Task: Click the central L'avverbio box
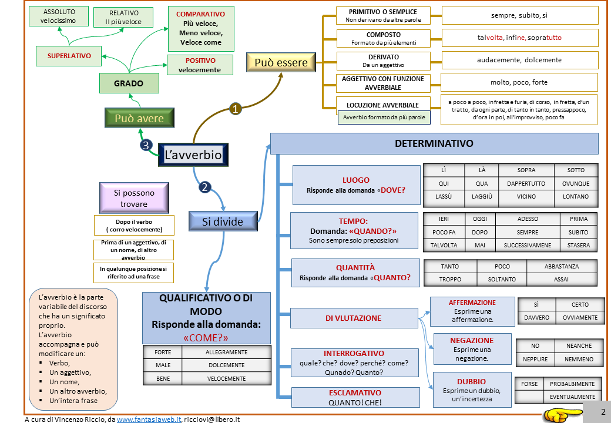[x=193, y=155]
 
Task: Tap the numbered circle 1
[x=236, y=109]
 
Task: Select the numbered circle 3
[x=146, y=145]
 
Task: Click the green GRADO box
[x=129, y=83]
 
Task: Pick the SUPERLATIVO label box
[x=69, y=56]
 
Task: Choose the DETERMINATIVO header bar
[x=434, y=143]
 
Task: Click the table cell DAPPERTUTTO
[x=526, y=183]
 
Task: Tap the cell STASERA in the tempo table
[x=578, y=245]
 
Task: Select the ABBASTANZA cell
[x=561, y=266]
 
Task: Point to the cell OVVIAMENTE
[x=580, y=318]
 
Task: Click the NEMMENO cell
[x=579, y=359]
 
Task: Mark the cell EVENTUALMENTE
[x=572, y=397]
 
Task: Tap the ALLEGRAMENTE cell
[x=226, y=352]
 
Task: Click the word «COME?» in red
[x=206, y=337]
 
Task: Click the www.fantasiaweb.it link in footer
[x=149, y=419]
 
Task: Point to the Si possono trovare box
[x=135, y=198]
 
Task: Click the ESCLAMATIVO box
[x=355, y=397]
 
